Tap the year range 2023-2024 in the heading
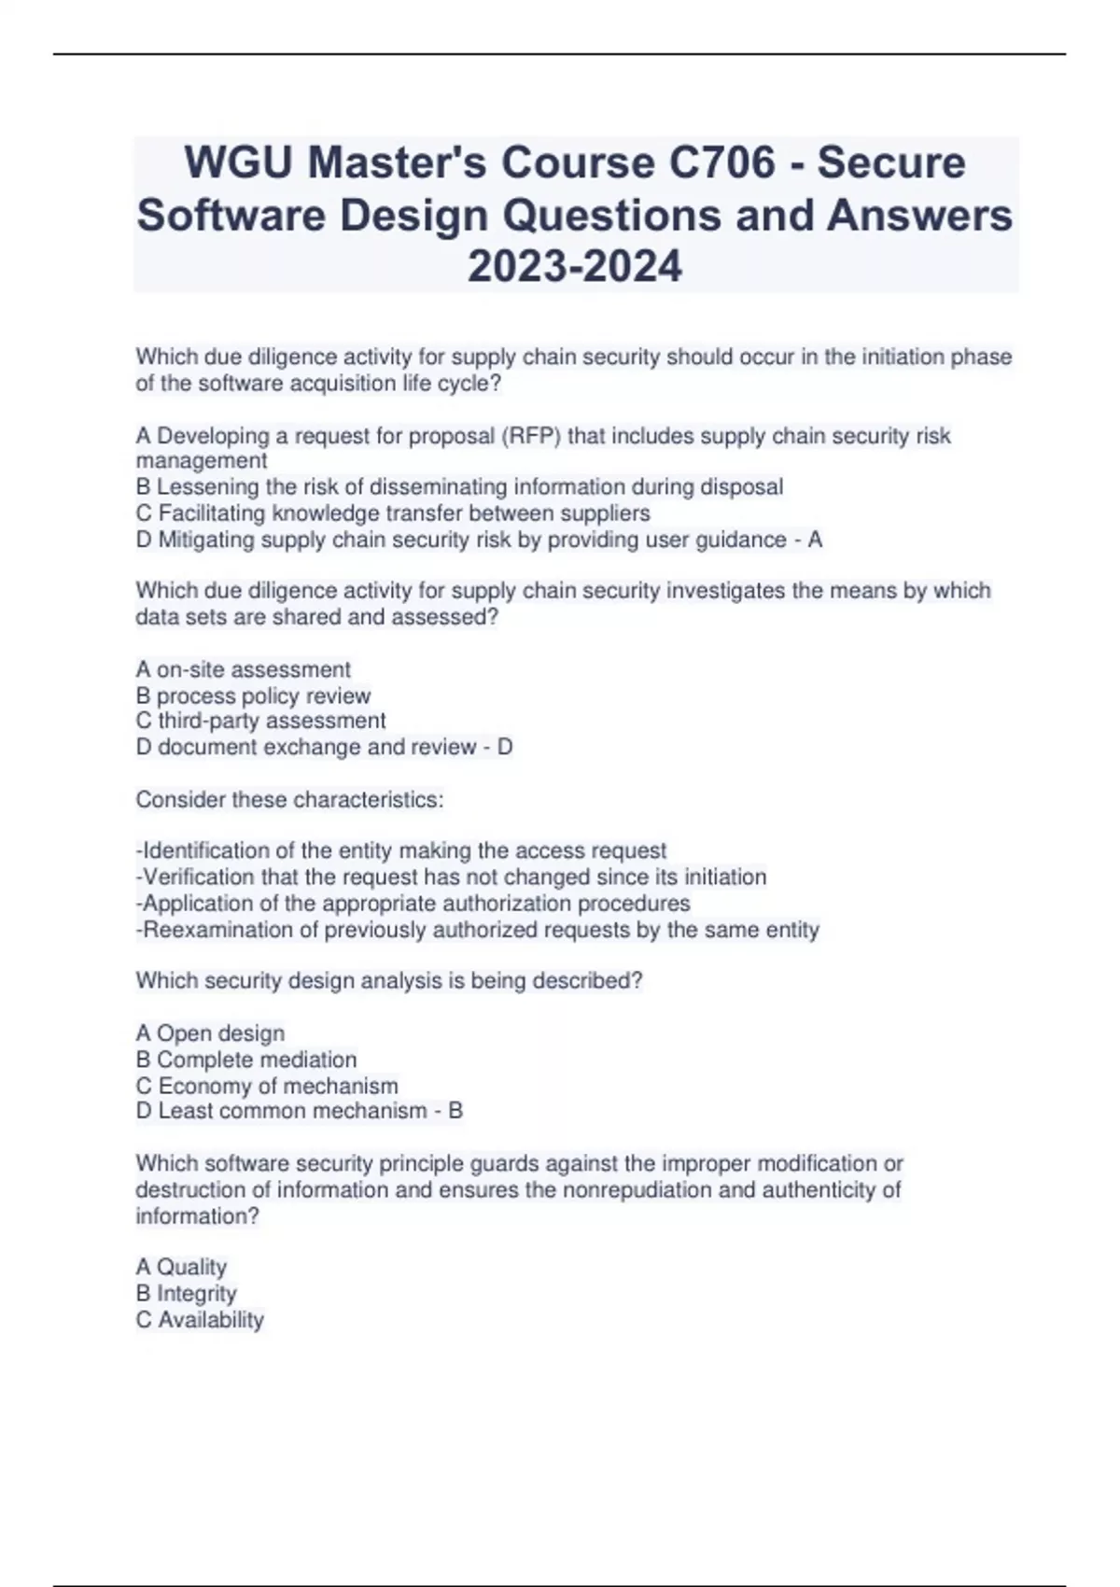[x=575, y=267]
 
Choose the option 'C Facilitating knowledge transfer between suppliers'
[x=393, y=513]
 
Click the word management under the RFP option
[x=202, y=461]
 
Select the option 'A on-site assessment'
[x=244, y=669]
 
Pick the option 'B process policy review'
[x=253, y=695]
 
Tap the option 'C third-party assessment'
[x=260, y=721]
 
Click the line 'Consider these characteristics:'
[x=289, y=800]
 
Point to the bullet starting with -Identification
[x=401, y=850]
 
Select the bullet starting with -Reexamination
[x=478, y=930]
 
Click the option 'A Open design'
[x=210, y=1033]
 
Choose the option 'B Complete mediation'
[x=246, y=1060]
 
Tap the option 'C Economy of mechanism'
[x=267, y=1086]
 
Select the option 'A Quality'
[x=181, y=1267]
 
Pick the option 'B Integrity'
[x=186, y=1293]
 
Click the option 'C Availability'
[x=200, y=1319]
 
